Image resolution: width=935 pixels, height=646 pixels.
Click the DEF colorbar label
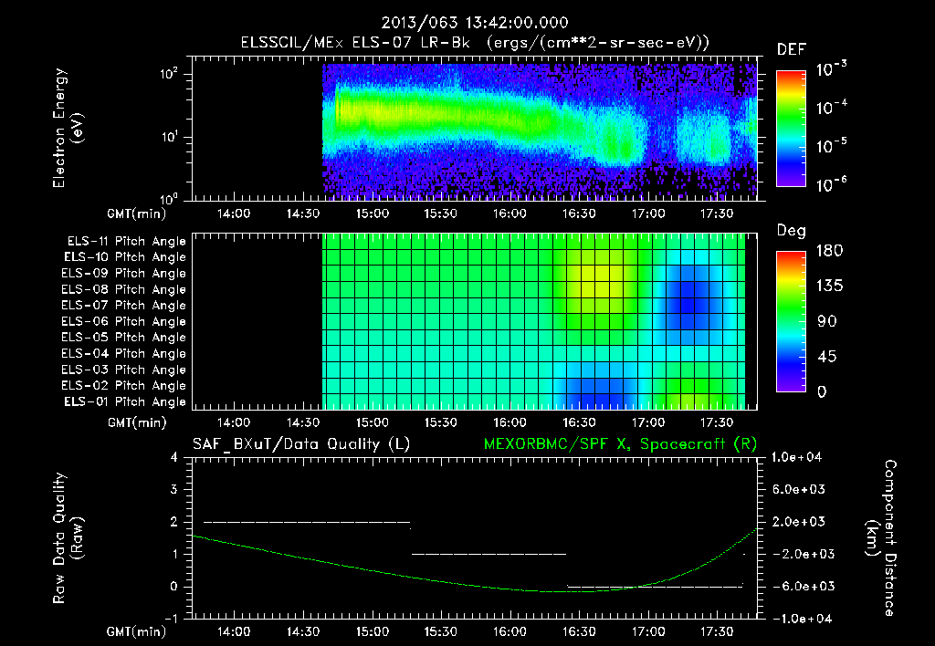[x=791, y=50]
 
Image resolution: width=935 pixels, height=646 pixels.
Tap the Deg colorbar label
[x=791, y=231]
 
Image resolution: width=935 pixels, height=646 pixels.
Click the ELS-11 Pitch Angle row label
[x=126, y=242]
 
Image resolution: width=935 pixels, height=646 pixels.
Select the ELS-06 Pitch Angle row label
[x=126, y=321]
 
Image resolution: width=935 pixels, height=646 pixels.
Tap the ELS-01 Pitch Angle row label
[x=126, y=401]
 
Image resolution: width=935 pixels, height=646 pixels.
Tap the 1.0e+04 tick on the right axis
[x=800, y=457]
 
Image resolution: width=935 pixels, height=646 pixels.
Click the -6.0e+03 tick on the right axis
[x=799, y=586]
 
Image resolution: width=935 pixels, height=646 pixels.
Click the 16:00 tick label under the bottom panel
[x=510, y=631]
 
